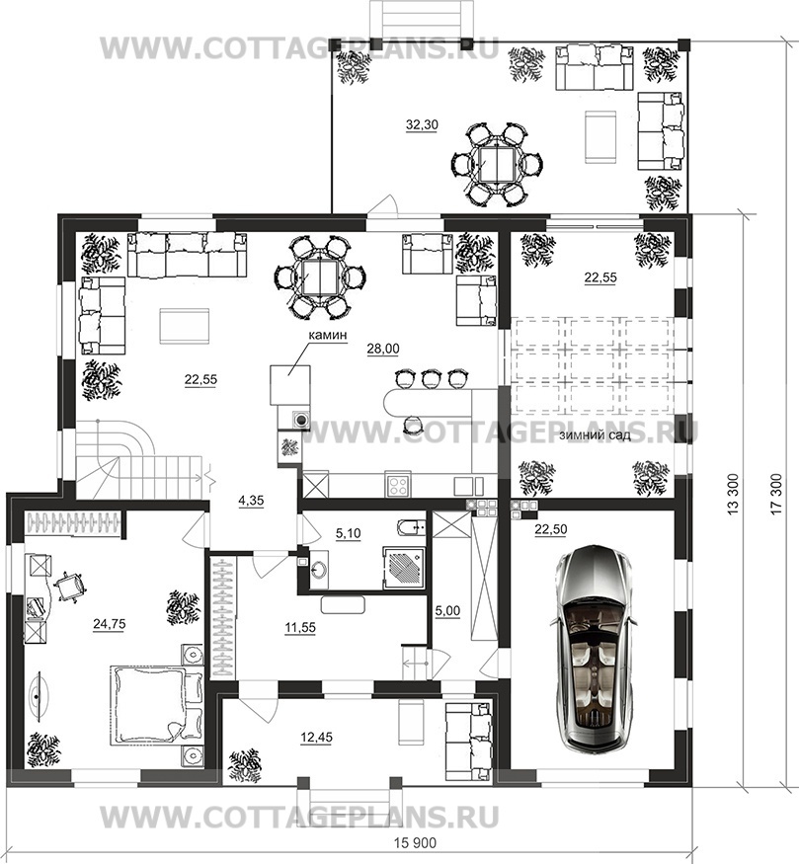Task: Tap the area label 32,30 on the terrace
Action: [x=422, y=125]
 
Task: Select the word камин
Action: [x=327, y=335]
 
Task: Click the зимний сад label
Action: [x=595, y=435]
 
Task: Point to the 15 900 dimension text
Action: [x=415, y=843]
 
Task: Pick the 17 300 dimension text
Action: [x=776, y=494]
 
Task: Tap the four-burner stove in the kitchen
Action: [x=398, y=485]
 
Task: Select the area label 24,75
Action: [x=109, y=624]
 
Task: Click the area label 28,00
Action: [x=383, y=349]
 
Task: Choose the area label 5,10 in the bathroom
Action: [x=349, y=533]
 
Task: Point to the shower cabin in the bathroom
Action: [x=404, y=568]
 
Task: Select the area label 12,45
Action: [x=317, y=738]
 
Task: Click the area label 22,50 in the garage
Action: [x=550, y=529]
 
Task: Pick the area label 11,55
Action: [x=300, y=628]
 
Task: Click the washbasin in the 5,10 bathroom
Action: [x=318, y=571]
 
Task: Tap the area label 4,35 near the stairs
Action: [x=252, y=501]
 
